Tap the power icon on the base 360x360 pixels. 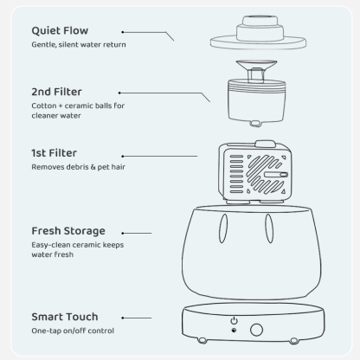[234, 321]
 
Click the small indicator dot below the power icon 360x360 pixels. [234, 330]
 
